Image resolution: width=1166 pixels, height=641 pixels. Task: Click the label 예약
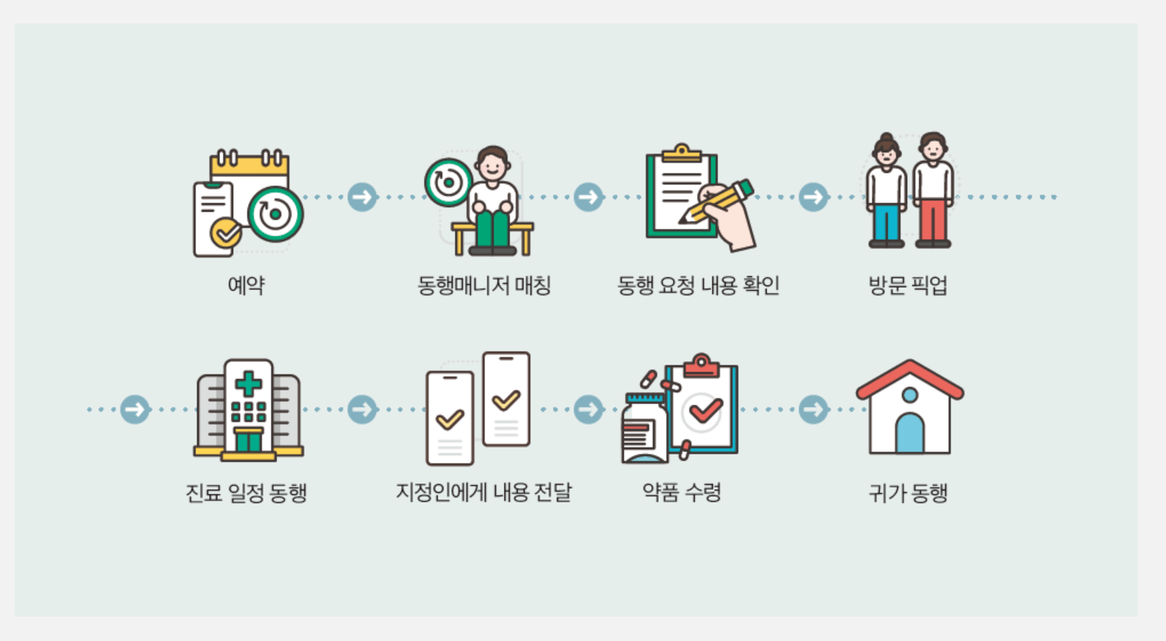tap(246, 285)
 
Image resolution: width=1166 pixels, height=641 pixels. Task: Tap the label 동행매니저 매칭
tap(484, 285)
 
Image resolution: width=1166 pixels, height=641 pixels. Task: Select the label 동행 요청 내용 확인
tap(698, 285)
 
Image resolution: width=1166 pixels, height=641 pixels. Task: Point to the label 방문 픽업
tap(908, 285)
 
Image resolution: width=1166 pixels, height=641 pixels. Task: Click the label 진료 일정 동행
tap(246, 493)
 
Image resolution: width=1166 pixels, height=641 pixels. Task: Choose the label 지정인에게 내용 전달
tap(484, 493)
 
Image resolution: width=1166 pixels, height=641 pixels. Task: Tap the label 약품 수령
tap(682, 493)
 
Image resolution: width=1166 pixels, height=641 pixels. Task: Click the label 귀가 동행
tap(908, 493)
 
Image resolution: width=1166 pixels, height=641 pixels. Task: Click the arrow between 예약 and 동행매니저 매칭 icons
tap(363, 197)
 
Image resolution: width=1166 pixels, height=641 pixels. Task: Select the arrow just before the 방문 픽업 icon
tap(813, 197)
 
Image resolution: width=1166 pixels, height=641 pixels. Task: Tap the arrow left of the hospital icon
tap(136, 410)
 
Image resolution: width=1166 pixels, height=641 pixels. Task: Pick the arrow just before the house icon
tap(813, 410)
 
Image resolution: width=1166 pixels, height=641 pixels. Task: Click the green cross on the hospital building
tap(248, 384)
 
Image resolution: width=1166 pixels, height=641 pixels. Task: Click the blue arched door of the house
tap(909, 434)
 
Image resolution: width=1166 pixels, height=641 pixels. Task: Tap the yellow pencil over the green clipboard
tap(720, 199)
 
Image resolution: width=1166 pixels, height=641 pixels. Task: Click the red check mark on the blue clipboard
tap(705, 411)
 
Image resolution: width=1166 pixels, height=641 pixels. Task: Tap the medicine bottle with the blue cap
tap(644, 430)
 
